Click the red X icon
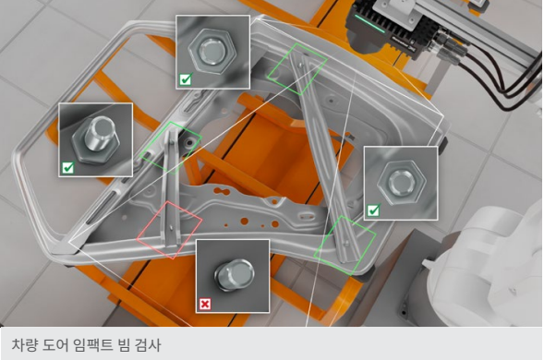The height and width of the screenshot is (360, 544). (205, 305)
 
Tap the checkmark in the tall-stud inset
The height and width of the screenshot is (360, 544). (67, 168)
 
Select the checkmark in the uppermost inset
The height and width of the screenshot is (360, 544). (186, 79)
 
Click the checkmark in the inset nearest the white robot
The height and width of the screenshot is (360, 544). (373, 210)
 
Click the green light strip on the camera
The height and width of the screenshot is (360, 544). (369, 23)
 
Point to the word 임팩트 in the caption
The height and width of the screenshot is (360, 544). (92, 345)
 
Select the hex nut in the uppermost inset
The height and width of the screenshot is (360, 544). (212, 52)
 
